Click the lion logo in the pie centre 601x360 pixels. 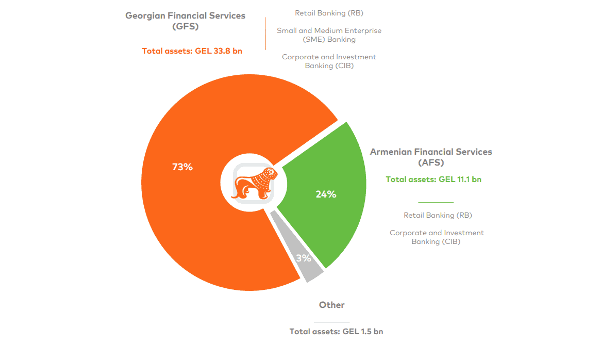point(254,183)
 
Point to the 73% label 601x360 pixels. point(182,167)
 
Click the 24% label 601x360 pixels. point(326,194)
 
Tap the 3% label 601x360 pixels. point(304,258)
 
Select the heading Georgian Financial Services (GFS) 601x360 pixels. point(186,21)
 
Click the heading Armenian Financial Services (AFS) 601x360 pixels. point(431,157)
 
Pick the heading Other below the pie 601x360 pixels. point(331,305)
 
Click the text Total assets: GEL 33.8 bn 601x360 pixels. point(192,51)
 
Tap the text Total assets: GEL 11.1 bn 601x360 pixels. point(433,179)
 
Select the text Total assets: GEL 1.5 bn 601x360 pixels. point(336,332)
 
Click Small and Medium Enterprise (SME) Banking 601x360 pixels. point(329,35)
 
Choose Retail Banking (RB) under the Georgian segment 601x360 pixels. point(329,13)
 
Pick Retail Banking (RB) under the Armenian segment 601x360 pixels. point(438,215)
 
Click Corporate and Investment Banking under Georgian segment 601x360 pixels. point(329,61)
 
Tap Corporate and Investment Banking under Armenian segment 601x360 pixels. point(437,237)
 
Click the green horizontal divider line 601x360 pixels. point(436,202)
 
